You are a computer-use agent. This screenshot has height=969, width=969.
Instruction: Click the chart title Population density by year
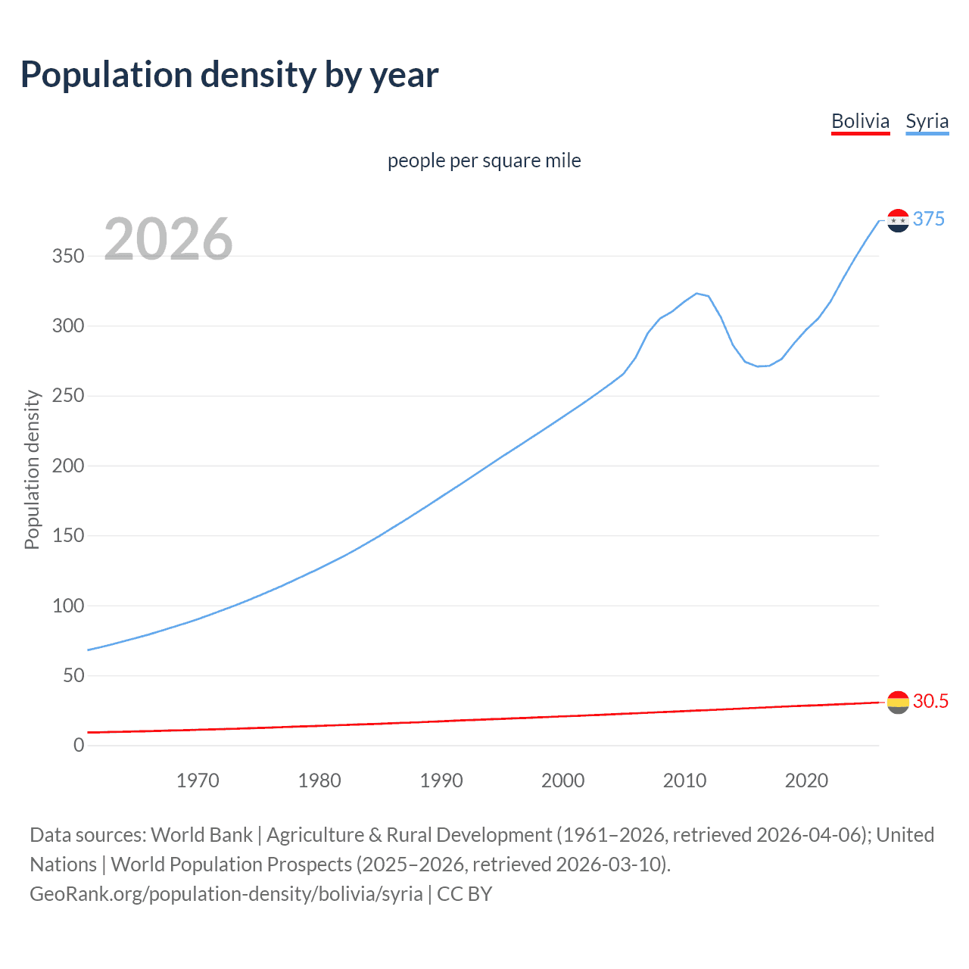(229, 75)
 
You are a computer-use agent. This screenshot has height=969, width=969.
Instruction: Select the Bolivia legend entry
(860, 121)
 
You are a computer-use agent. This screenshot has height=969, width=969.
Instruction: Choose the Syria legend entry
(927, 121)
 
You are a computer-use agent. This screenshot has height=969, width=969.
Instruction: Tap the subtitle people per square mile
(484, 160)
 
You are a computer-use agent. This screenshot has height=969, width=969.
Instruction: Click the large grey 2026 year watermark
(168, 239)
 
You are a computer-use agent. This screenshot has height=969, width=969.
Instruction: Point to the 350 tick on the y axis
(68, 256)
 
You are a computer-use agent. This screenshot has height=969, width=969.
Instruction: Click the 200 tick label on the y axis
(68, 466)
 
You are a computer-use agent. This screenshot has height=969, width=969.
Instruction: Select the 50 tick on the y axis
(73, 675)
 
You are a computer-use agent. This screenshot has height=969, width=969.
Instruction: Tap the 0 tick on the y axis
(79, 745)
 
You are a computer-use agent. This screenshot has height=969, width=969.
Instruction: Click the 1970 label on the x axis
(198, 780)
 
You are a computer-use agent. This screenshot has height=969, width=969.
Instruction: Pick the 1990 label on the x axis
(441, 780)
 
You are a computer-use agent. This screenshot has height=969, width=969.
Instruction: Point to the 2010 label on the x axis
(684, 780)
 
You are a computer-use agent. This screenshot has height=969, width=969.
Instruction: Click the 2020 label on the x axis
(806, 780)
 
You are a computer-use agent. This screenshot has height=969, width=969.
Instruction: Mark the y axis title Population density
(32, 469)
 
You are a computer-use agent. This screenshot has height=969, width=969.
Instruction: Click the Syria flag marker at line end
(898, 220)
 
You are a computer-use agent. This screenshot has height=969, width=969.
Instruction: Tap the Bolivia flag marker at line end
(898, 703)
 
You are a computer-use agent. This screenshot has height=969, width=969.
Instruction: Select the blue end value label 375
(929, 219)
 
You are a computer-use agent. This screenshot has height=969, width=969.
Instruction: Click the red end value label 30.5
(930, 701)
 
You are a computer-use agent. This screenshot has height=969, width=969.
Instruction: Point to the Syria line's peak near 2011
(696, 294)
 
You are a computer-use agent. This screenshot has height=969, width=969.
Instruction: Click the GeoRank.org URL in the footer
(226, 894)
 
